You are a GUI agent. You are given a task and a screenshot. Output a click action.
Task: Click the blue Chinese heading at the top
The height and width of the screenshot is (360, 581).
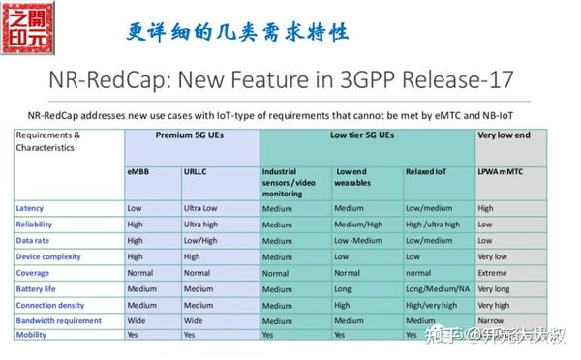(x=237, y=31)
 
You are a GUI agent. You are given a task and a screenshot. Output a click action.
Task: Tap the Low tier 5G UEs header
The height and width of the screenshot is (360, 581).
(x=366, y=137)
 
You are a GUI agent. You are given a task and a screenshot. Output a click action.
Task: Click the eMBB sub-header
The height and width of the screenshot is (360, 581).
(x=137, y=171)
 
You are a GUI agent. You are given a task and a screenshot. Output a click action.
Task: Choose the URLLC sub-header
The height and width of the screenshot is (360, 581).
(x=196, y=171)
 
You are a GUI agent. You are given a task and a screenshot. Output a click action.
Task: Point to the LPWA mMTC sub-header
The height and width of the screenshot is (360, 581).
(x=505, y=171)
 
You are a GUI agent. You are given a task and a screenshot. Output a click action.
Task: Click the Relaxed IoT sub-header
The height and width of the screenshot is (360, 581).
(x=425, y=171)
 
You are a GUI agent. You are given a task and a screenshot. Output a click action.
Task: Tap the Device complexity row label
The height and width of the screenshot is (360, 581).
(x=50, y=256)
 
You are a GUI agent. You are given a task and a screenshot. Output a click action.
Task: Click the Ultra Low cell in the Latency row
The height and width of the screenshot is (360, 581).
(x=202, y=208)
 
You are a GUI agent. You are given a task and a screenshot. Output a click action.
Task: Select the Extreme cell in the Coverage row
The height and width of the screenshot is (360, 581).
(x=494, y=273)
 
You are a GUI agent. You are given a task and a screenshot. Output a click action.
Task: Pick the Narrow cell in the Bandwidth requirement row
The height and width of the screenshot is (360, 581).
(x=493, y=320)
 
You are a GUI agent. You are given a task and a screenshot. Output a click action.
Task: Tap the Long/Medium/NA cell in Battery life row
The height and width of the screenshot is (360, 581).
(x=436, y=288)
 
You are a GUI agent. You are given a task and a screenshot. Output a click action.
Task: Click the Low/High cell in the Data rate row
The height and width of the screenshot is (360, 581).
(x=200, y=240)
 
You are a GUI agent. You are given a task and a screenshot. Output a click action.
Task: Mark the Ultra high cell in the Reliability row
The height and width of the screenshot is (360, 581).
(x=203, y=225)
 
